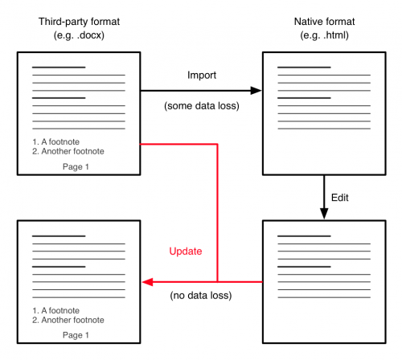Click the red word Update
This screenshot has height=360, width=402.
click(186, 252)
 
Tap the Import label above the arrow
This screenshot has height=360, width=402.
click(202, 75)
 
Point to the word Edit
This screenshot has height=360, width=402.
click(340, 198)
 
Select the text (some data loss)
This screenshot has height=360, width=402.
click(202, 106)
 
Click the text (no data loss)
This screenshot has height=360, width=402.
click(201, 296)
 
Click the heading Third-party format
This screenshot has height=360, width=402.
click(79, 22)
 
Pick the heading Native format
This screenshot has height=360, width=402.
click(324, 22)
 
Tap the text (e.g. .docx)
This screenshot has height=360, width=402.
click(79, 35)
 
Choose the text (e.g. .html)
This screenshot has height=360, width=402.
click(324, 35)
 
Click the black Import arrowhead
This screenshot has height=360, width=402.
click(256, 91)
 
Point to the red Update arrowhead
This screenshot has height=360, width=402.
click(147, 282)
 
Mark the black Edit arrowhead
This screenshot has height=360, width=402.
click(324, 213)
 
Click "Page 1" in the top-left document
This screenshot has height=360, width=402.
click(76, 166)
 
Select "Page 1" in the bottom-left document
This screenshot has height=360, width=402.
click(76, 335)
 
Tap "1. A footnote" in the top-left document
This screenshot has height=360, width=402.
click(55, 141)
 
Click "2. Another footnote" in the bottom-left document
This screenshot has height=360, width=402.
click(68, 320)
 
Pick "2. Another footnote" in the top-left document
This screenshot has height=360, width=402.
click(68, 151)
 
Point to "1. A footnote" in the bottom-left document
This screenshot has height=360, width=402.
click(55, 310)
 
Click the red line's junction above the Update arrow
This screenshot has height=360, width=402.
click(217, 282)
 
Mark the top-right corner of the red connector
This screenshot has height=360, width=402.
click(217, 144)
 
